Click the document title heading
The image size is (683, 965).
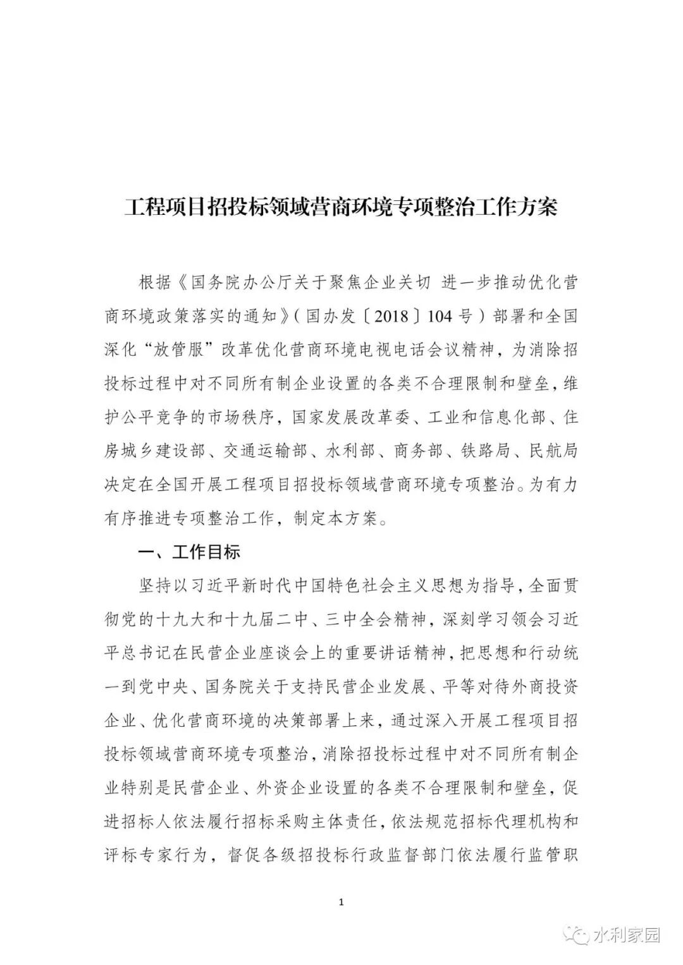coord(341,207)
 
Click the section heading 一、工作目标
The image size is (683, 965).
coord(189,552)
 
